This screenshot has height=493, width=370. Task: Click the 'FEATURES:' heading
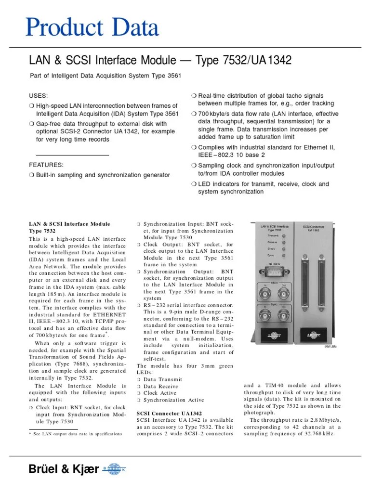pos(46,165)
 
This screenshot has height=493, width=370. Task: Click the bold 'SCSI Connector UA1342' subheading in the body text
pos(169,413)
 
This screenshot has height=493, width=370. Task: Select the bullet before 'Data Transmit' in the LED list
pos(139,380)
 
